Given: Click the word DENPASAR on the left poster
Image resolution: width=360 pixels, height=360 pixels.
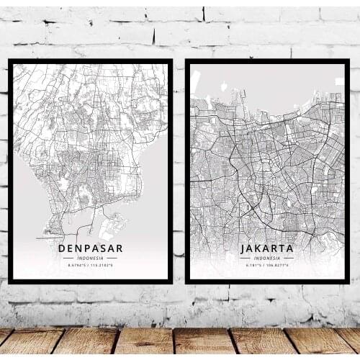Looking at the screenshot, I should pos(91,248).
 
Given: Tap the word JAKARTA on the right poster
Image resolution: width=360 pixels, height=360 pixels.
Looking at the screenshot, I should pos(266,248).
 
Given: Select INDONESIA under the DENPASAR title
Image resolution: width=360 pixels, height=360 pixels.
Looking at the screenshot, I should pos(91,258).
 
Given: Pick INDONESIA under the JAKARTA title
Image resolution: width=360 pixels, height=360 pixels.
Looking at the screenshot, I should pos(266,258).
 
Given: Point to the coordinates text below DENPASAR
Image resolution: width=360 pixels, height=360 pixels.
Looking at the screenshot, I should pos(91,265).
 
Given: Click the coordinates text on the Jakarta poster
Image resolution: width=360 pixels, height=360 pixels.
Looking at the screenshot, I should pos(266,265).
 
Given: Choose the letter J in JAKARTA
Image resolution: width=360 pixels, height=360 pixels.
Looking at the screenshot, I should pos(243,248).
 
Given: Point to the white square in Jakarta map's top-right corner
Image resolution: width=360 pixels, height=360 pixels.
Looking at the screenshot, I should pos(339,81).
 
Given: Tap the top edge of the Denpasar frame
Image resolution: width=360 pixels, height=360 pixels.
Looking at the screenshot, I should pos(91,61).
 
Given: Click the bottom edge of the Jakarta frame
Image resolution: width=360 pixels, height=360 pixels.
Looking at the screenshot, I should pos(266,280).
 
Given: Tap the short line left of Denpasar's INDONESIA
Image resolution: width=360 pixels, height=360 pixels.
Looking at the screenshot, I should pos(68,258).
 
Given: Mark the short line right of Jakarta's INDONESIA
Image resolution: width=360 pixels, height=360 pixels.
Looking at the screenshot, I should pos(289,258).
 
